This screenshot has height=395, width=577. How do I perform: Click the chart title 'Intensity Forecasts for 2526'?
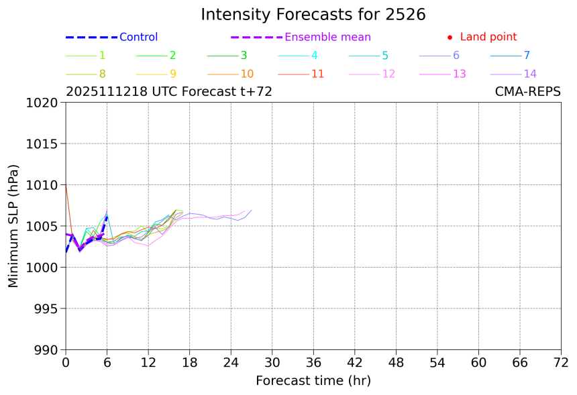pyautogui.click(x=313, y=15)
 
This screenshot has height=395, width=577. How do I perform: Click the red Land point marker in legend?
pyautogui.click(x=450, y=38)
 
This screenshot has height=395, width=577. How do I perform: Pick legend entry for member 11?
pyautogui.click(x=317, y=74)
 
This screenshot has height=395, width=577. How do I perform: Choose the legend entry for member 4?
pyautogui.click(x=315, y=56)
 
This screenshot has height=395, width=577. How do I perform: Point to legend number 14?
pyautogui.click(x=529, y=74)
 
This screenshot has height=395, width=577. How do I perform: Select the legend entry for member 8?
pyautogui.click(x=102, y=74)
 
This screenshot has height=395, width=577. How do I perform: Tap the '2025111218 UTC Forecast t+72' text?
pyautogui.click(x=168, y=92)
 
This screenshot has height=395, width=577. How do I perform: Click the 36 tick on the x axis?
pyautogui.click(x=313, y=363)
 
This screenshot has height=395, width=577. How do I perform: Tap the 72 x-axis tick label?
pyautogui.click(x=561, y=363)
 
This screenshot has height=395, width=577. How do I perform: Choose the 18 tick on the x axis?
pyautogui.click(x=189, y=363)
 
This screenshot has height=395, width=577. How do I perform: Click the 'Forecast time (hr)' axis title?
pyautogui.click(x=313, y=381)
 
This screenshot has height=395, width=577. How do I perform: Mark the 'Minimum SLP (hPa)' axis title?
pyautogui.click(x=13, y=226)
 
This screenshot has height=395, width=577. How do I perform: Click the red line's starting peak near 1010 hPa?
pyautogui.click(x=66, y=184)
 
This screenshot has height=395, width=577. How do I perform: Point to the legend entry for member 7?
pyautogui.click(x=527, y=56)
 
